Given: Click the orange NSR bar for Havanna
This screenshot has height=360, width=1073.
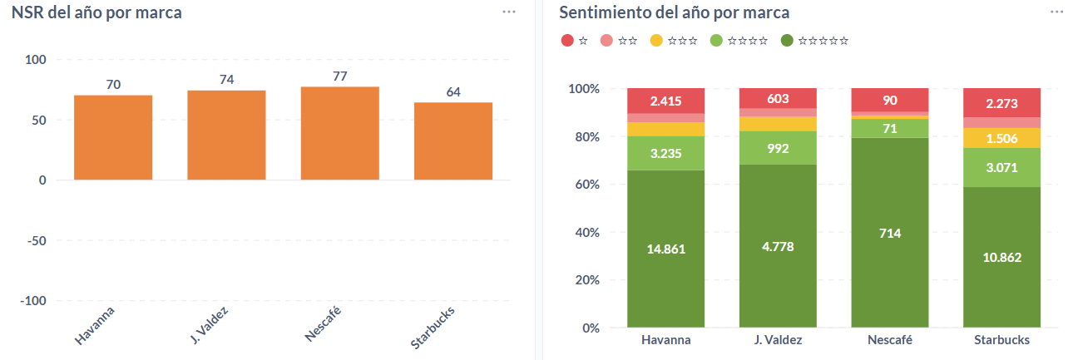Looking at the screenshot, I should coord(113,137).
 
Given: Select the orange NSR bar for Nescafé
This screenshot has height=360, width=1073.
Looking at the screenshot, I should coord(340,133).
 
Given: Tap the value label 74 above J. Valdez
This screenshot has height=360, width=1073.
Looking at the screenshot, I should coord(227,80).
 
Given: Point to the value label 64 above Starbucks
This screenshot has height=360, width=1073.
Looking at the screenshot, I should coord(453,92).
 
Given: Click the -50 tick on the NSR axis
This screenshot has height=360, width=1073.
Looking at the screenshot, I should coord(37,240).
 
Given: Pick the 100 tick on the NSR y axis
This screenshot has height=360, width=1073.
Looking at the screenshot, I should coord(36,60).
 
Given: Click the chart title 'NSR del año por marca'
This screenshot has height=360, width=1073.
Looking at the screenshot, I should coord(96,12).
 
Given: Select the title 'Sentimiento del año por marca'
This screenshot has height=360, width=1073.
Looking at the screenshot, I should coord(674,12).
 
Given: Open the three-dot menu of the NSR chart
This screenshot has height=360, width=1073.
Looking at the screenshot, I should coord(509,12).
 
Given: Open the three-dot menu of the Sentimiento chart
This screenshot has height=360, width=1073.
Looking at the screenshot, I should coord(1056,12).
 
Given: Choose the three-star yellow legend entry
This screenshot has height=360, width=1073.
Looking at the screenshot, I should coord(673,40).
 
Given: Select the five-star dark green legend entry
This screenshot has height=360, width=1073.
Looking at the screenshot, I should coord(815,40).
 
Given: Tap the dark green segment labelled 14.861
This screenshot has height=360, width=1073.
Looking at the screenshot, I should coord(666,249).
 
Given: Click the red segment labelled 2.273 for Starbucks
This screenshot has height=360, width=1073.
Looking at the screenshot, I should coord(1001,105).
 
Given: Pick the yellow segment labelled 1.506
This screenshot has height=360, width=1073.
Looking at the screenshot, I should coord(1001,138).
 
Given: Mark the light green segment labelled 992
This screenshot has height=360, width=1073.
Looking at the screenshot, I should coord(778,149).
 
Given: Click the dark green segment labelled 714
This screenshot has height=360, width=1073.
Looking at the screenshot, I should coord(890,233).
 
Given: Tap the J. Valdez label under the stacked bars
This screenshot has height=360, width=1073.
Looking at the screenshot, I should coord(778,340).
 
